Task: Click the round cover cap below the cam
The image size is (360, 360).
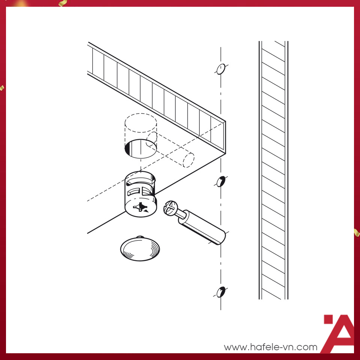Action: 140,249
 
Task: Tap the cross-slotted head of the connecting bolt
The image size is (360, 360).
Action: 170,208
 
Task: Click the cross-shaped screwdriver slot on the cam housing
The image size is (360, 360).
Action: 140,207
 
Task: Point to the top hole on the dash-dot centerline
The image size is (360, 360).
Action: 220,69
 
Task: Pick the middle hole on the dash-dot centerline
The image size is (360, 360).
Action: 221,181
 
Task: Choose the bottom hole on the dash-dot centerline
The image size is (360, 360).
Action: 221,292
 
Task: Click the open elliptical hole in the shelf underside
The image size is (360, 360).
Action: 141,148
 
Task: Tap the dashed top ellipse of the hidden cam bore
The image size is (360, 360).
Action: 141,123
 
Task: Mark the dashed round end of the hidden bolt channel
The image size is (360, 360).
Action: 189,160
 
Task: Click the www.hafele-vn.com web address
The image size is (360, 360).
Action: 271,347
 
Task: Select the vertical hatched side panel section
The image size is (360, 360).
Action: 273,170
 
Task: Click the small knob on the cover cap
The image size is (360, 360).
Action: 140,237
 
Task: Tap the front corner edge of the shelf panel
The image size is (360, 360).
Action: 225,137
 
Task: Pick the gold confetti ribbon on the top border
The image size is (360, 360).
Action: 63,3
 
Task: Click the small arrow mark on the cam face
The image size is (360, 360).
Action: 146,210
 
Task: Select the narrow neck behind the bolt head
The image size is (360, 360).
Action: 181,214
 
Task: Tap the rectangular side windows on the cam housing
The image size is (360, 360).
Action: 139,192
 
